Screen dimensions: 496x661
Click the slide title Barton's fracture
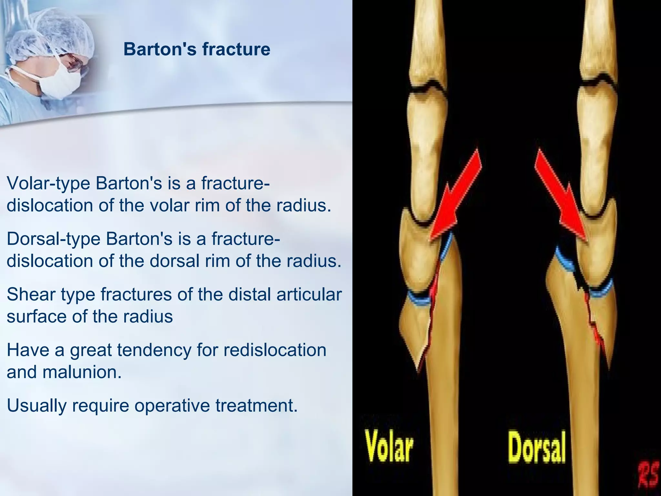coord(197,49)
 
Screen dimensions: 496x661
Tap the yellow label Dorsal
coord(537,448)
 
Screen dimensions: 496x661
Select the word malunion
coord(82,372)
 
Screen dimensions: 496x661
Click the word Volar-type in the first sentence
coord(48,184)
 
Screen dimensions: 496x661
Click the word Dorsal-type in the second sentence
coord(53,239)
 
